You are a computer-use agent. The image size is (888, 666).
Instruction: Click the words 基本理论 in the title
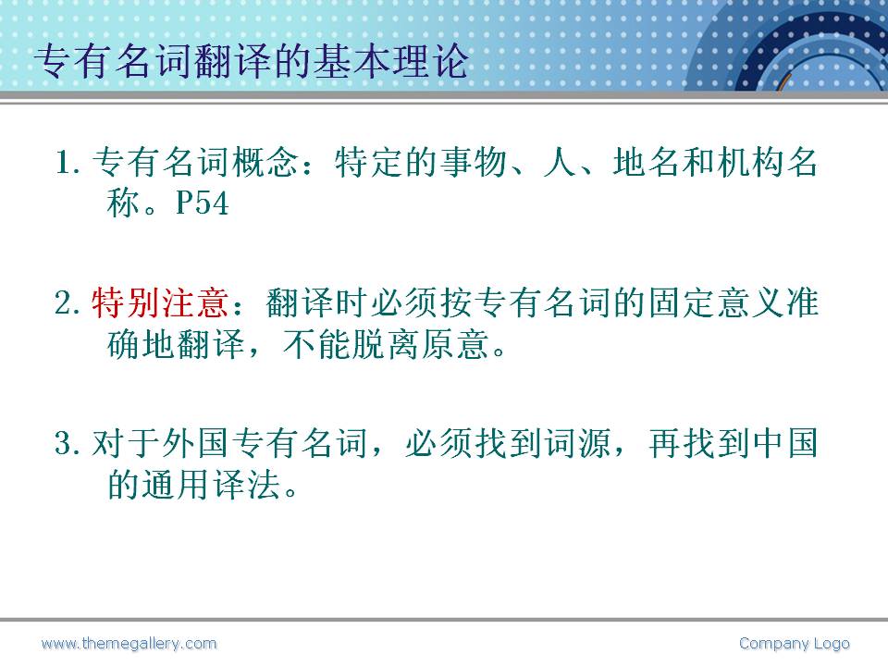pyautogui.click(x=390, y=61)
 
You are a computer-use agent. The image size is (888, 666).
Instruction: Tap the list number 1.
pyautogui.click(x=68, y=163)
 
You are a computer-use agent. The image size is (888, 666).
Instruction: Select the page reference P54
pyautogui.click(x=203, y=203)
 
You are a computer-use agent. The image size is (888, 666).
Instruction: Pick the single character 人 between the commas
pyautogui.click(x=561, y=162)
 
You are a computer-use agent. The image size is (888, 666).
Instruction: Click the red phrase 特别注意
pyautogui.click(x=160, y=302)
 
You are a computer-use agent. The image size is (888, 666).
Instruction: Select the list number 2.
pyautogui.click(x=68, y=303)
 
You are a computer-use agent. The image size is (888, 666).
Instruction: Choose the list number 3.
pyautogui.click(x=68, y=443)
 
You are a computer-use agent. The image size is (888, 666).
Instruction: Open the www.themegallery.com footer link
pyautogui.click(x=129, y=644)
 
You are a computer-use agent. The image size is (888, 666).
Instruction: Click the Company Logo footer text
pyautogui.click(x=794, y=644)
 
